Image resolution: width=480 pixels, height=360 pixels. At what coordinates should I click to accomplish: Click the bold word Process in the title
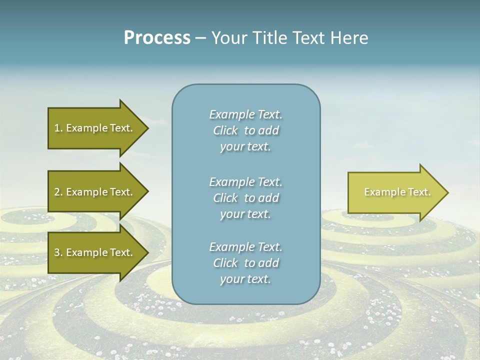tap(157, 38)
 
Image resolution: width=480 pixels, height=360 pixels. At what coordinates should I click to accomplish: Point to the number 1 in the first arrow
tap(57, 128)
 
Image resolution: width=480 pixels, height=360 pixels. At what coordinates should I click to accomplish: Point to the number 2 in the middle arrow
tap(57, 192)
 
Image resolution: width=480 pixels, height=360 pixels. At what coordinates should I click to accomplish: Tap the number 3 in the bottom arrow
tap(57, 252)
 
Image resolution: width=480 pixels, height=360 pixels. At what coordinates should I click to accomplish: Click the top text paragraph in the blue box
tap(245, 130)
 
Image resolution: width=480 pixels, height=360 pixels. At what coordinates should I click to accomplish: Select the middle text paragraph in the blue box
tap(245, 198)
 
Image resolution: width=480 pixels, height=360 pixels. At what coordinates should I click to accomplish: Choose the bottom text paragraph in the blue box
tap(245, 263)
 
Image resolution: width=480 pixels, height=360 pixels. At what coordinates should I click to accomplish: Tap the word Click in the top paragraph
tap(225, 130)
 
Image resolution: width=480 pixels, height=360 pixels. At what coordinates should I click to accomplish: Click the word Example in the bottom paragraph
tap(231, 247)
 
